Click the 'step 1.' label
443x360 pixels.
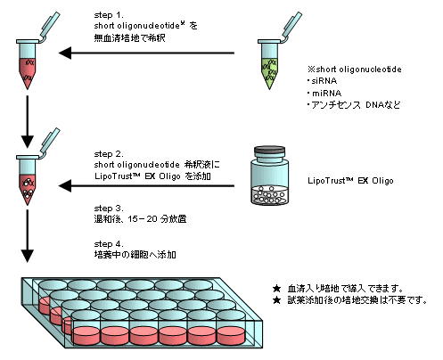[x=109, y=15]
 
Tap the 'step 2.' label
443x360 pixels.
[x=109, y=154]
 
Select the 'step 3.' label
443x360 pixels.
[x=109, y=209]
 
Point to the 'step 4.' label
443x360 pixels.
[x=109, y=244]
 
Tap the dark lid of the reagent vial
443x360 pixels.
[x=270, y=151]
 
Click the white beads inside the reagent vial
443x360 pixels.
[x=270, y=194]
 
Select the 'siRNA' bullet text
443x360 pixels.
[x=324, y=81]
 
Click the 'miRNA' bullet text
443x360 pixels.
[x=326, y=94]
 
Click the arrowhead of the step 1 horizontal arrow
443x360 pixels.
[x=65, y=53]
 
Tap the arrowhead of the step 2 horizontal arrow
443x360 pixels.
[x=65, y=186]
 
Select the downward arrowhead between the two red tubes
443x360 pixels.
[x=28, y=142]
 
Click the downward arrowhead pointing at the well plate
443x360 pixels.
[x=28, y=256]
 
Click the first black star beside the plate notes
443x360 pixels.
[x=276, y=289]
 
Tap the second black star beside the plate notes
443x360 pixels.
[x=276, y=300]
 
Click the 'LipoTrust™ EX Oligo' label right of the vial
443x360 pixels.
[x=350, y=181]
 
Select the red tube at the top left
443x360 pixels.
[x=28, y=65]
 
